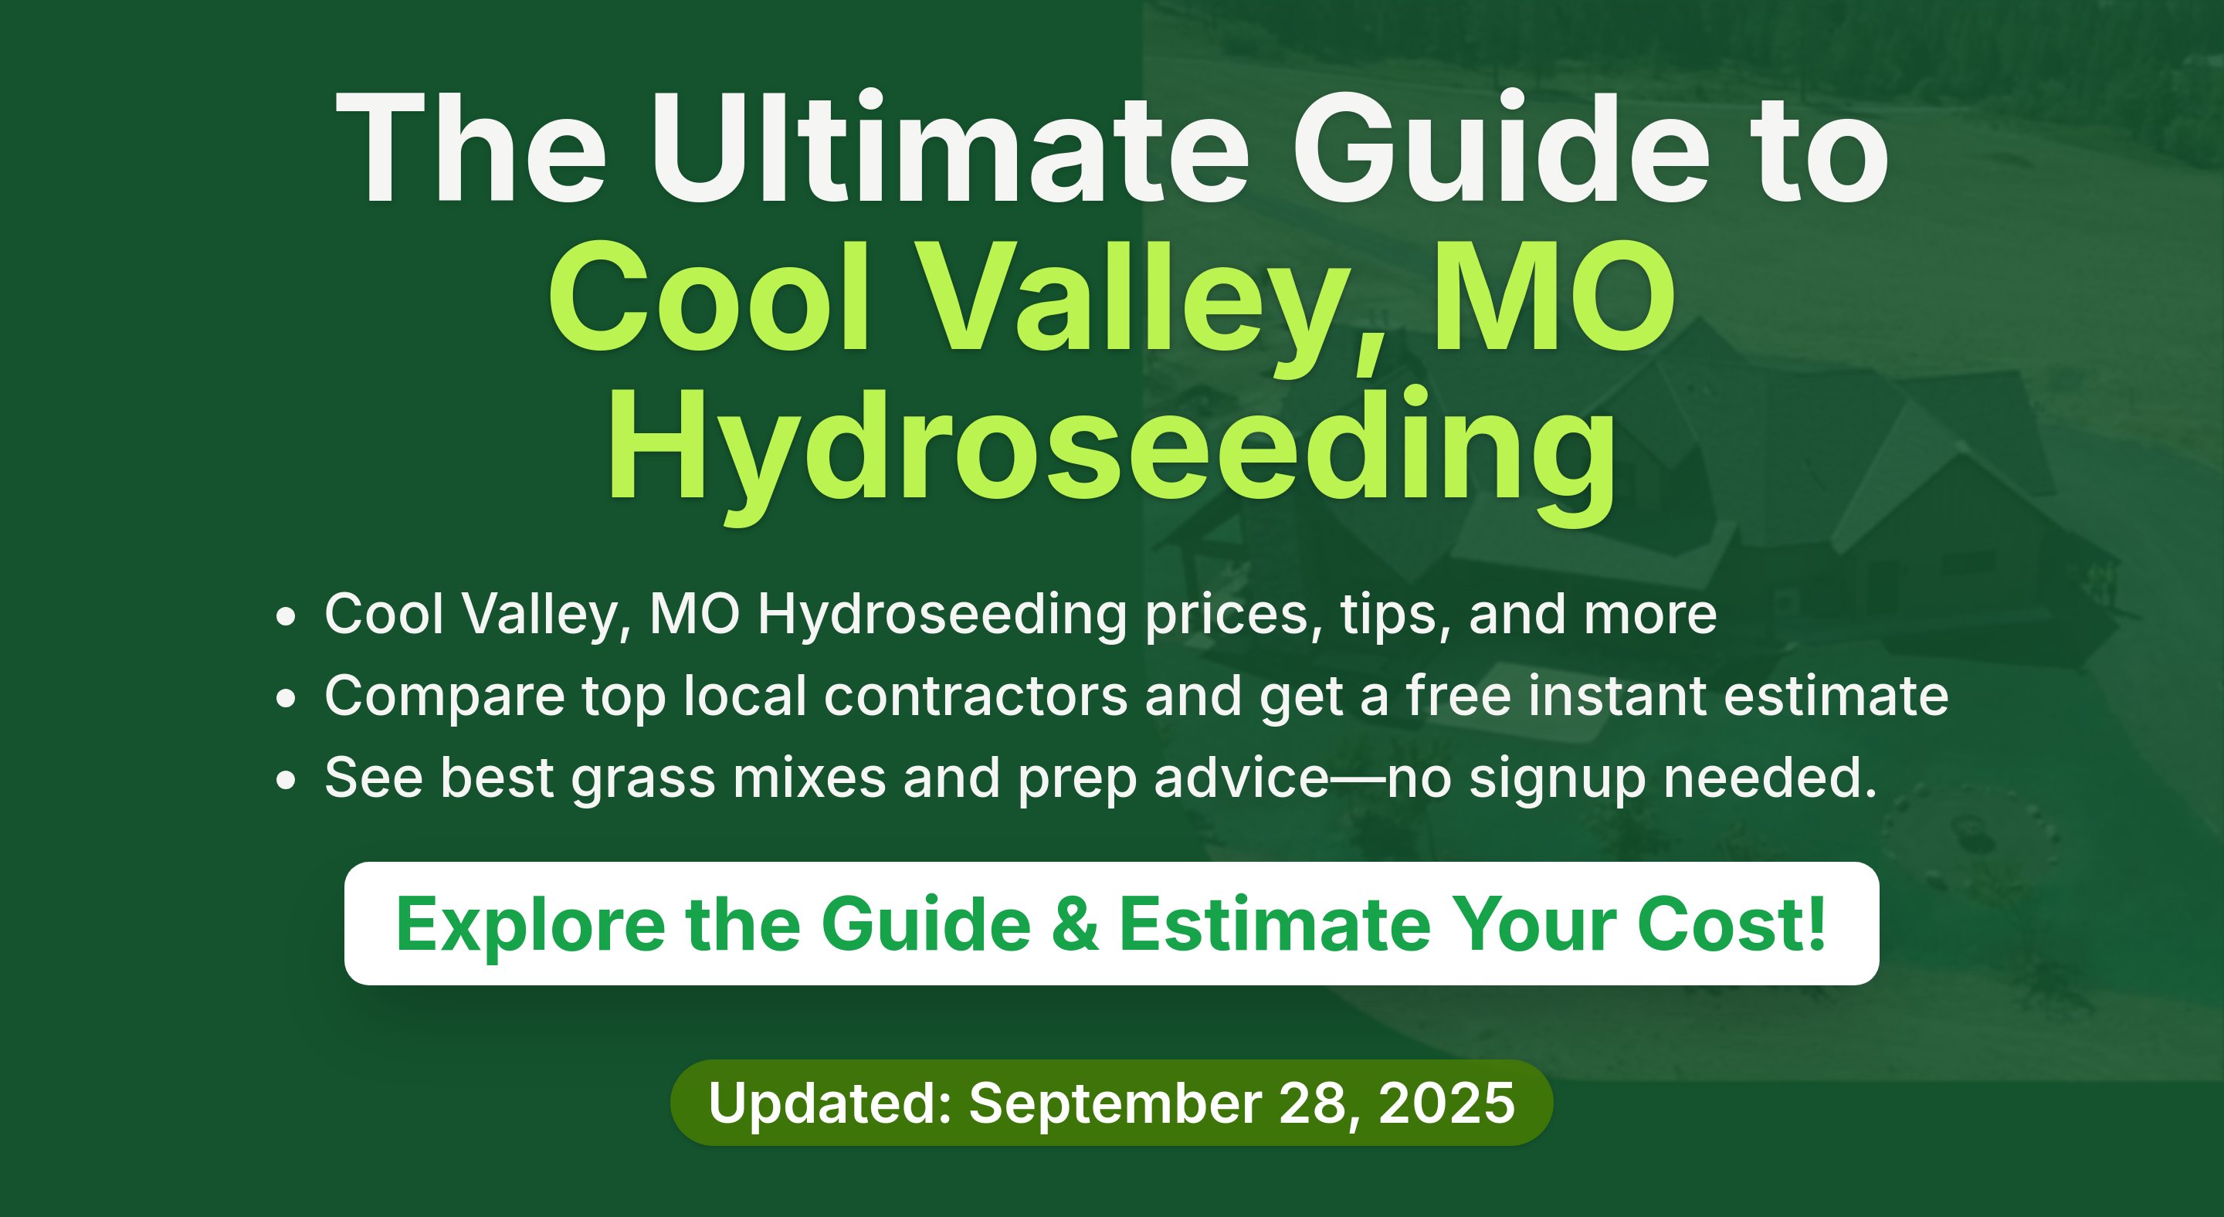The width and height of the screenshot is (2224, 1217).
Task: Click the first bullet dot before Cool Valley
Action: [x=286, y=618]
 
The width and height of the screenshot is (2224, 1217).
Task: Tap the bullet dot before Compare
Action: [x=286, y=699]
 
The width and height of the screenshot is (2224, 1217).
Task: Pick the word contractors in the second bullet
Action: [x=975, y=696]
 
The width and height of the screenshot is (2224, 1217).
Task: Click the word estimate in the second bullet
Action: [x=1836, y=696]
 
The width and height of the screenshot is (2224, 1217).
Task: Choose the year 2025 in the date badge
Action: [x=1446, y=1102]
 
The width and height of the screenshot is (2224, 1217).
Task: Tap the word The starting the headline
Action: [x=470, y=147]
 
